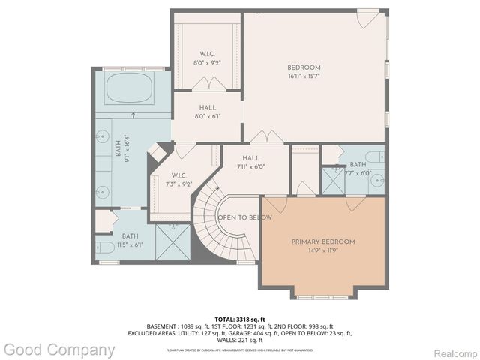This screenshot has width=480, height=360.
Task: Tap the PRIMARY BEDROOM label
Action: point(322,241)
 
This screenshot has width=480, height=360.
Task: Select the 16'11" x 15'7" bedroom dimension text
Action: point(304,76)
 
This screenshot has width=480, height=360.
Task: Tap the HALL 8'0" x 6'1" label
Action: point(207,112)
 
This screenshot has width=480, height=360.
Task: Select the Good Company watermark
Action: point(58,349)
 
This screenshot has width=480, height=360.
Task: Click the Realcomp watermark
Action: point(452,350)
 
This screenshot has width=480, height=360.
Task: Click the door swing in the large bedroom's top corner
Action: point(371,19)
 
